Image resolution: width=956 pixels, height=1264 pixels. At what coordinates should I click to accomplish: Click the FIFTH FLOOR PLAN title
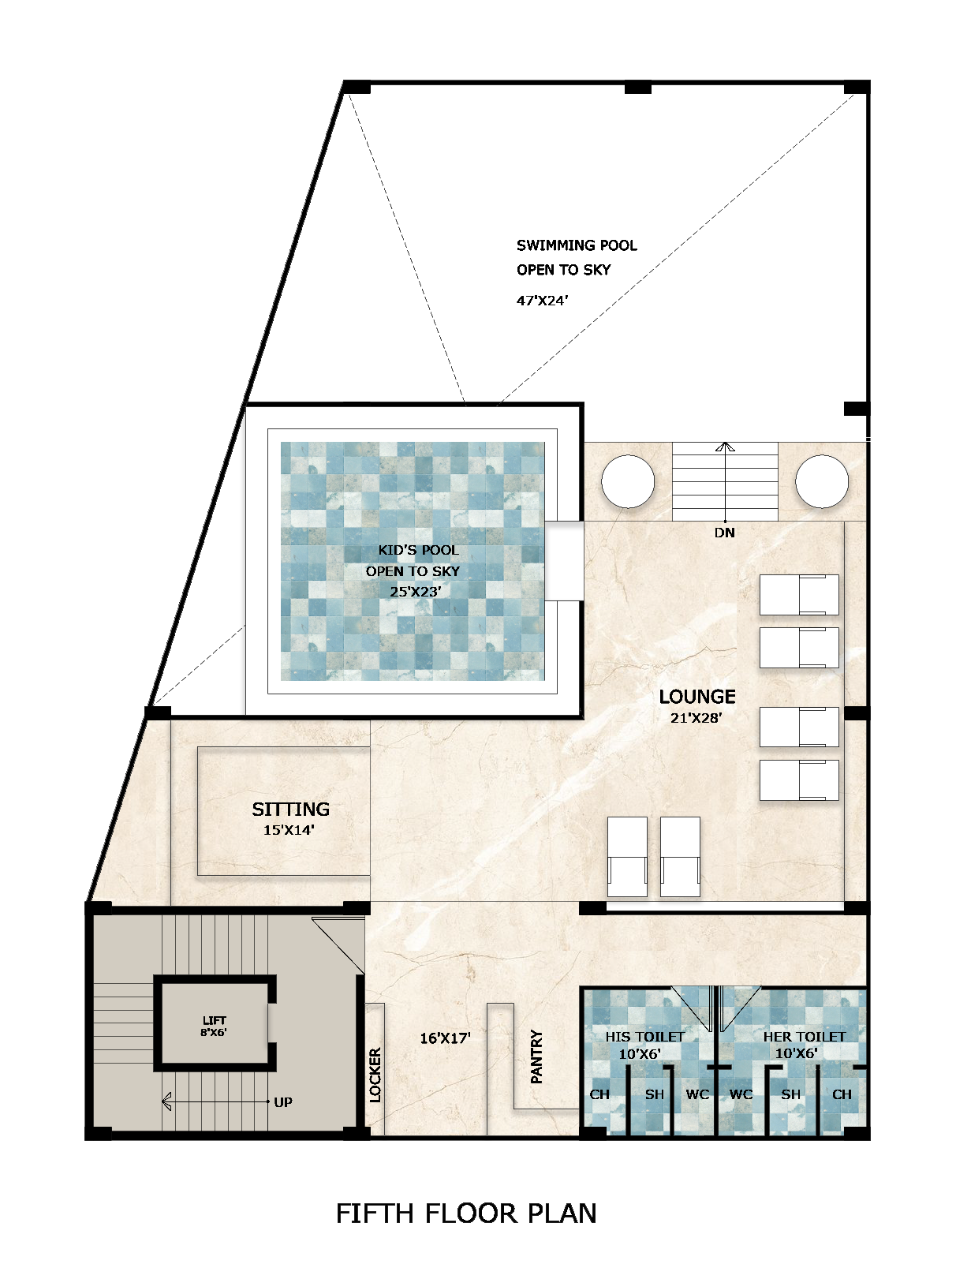(x=466, y=1214)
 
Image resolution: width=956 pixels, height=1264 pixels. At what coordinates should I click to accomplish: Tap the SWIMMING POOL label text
(x=577, y=245)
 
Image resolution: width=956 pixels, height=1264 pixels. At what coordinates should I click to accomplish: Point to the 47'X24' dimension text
(x=542, y=301)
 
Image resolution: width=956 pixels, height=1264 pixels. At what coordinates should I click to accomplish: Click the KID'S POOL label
(x=418, y=550)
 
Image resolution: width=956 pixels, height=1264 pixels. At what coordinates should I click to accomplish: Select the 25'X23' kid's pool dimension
(x=415, y=591)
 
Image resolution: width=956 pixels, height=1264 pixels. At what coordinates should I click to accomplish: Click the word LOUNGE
(x=697, y=697)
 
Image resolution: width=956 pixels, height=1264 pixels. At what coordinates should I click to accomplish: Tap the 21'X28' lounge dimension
(x=696, y=718)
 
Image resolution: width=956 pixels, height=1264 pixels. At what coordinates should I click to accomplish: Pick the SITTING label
(x=290, y=810)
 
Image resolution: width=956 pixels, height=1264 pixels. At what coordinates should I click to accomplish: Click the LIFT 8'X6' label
(x=214, y=1026)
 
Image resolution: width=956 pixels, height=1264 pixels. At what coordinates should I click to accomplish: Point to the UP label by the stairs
(x=283, y=1102)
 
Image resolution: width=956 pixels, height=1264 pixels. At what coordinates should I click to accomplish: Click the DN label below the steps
(x=724, y=533)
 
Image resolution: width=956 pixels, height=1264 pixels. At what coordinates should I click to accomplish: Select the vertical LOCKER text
(x=375, y=1075)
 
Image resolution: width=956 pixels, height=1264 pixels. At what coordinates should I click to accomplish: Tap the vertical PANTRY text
(x=537, y=1056)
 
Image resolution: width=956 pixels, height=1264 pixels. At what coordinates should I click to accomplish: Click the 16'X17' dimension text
(x=445, y=1038)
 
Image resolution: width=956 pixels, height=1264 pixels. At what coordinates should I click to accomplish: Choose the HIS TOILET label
(x=644, y=1037)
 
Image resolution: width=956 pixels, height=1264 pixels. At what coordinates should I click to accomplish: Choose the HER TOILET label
(x=804, y=1037)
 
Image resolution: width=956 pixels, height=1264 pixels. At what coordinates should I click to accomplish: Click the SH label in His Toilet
(x=655, y=1094)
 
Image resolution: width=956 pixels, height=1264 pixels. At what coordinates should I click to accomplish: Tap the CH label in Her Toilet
(x=842, y=1094)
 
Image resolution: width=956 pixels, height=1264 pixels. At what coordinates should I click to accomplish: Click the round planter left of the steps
(x=628, y=481)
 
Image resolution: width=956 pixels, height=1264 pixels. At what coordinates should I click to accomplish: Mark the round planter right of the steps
(x=821, y=481)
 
